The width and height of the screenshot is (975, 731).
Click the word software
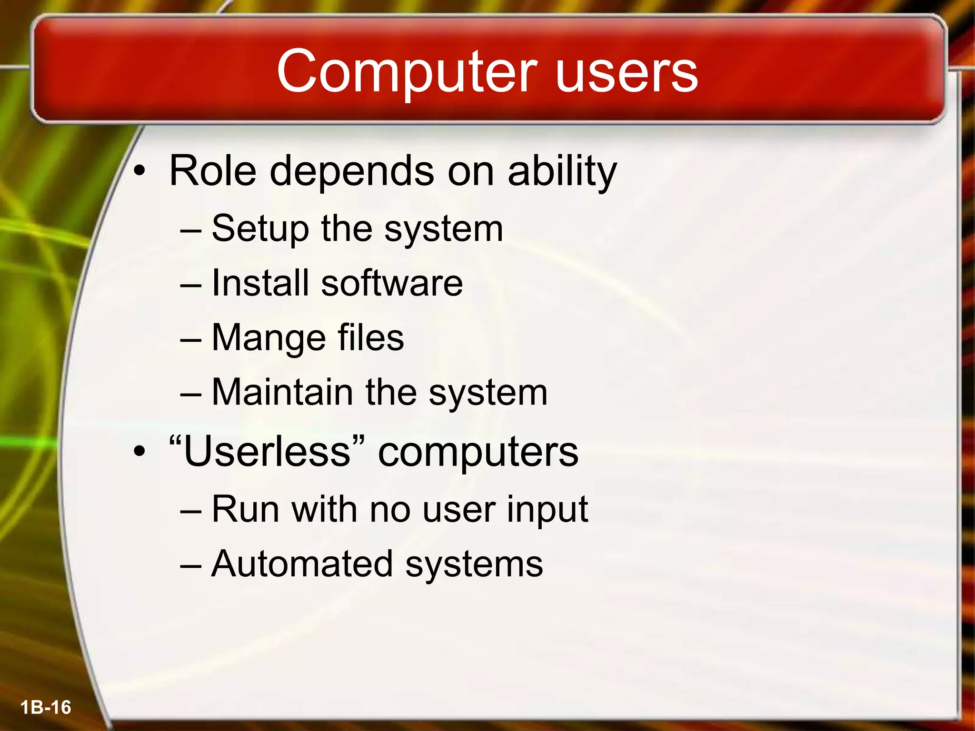tap(391, 283)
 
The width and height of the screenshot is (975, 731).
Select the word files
tap(370, 337)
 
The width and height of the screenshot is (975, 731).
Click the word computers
tap(478, 452)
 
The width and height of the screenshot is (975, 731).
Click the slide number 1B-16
tap(46, 708)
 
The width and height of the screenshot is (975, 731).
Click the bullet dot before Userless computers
tap(139, 452)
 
